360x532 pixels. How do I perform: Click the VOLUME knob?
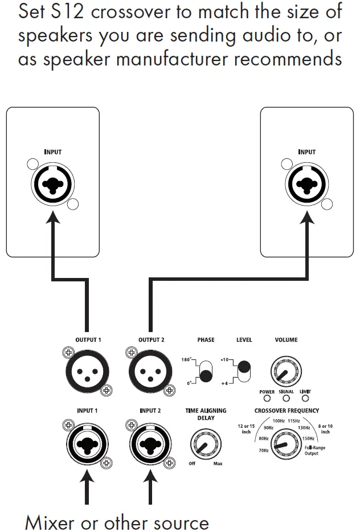[x=286, y=370]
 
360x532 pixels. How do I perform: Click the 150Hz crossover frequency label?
[x=308, y=439]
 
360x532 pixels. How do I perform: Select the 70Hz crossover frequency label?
[x=264, y=450]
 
